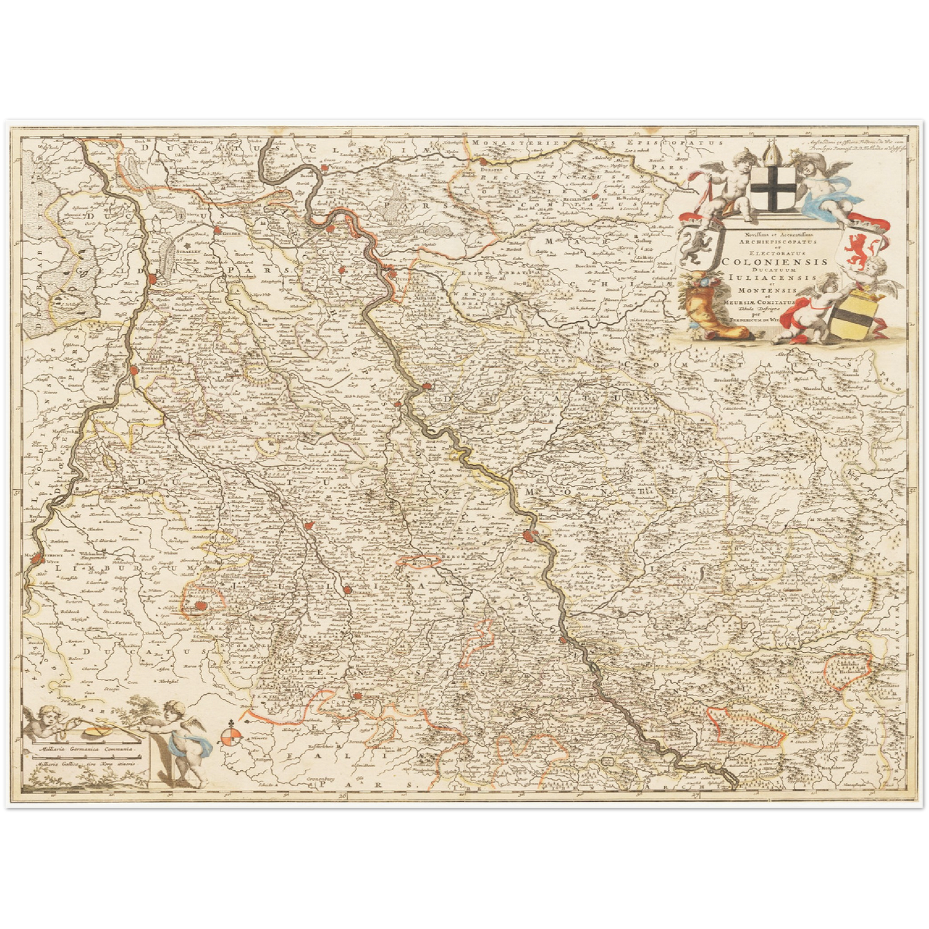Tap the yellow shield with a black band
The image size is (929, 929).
pyautogui.click(x=852, y=313)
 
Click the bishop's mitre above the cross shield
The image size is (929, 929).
pyautogui.click(x=771, y=154)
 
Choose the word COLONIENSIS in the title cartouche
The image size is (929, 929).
pyautogui.click(x=775, y=262)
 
